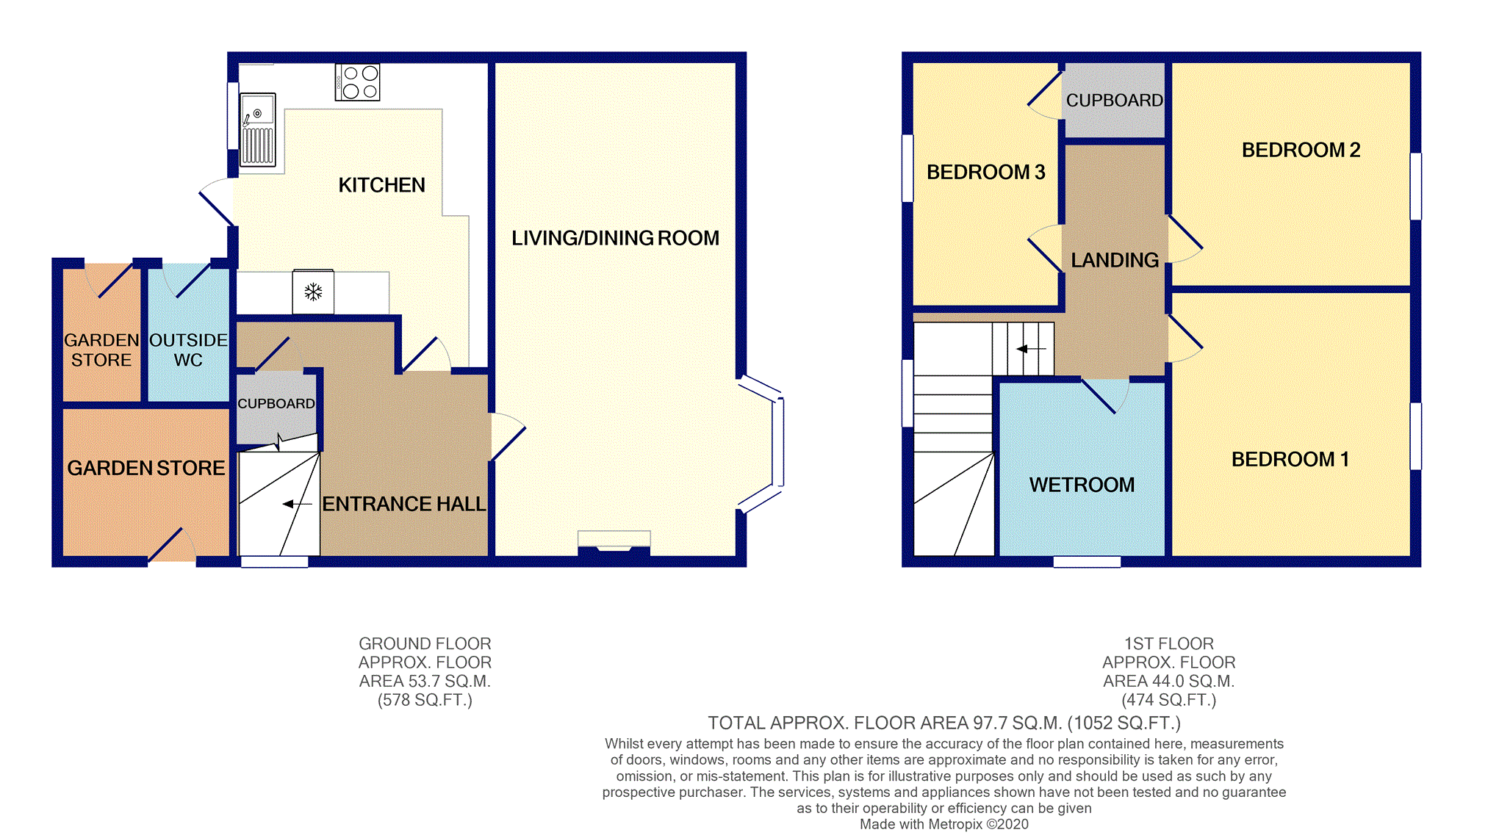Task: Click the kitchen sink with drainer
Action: tap(258, 130)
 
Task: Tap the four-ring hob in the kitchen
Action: tap(358, 82)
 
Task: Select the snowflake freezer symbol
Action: tap(314, 292)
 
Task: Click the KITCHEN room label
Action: tap(381, 185)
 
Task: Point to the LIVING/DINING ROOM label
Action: tap(615, 238)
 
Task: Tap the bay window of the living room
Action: tap(777, 442)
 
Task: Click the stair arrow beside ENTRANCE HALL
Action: tap(297, 504)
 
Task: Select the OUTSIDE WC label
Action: tap(188, 350)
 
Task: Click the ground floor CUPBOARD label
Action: tap(276, 403)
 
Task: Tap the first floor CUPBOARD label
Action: tap(1114, 101)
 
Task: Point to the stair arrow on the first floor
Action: tap(1031, 349)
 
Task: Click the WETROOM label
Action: tap(1082, 485)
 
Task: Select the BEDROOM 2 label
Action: tap(1301, 150)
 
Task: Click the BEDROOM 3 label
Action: tap(985, 172)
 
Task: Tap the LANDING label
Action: tap(1114, 260)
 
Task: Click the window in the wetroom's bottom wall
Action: tap(1087, 562)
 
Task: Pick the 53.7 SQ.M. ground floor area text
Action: tap(425, 682)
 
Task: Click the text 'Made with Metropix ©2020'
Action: tap(944, 824)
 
